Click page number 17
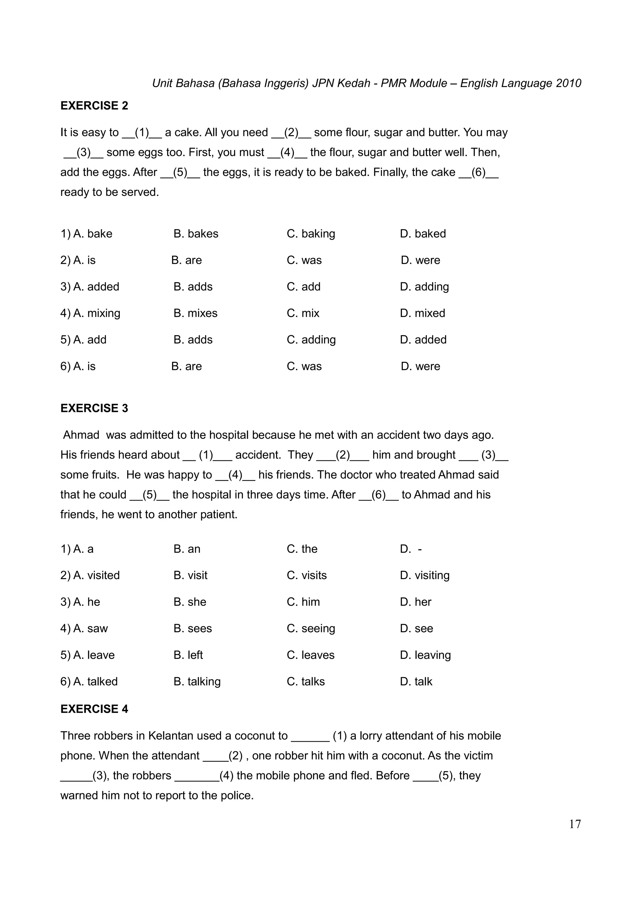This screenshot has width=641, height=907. point(575,824)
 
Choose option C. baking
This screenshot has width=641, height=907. point(311,234)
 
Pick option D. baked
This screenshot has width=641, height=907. point(423,234)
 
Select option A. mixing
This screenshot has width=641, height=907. point(97,313)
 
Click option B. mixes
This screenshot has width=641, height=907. point(196,313)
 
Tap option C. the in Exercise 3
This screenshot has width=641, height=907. point(302,549)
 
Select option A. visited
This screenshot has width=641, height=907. point(96,576)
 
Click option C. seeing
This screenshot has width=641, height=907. point(311,628)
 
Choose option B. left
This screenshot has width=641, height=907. point(188,655)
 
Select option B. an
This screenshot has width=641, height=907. point(187,549)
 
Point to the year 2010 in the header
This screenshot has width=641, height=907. point(568,83)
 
